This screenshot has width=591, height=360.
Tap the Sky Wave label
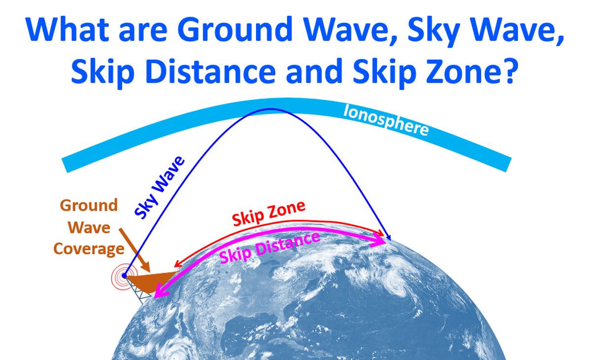coord(160,188)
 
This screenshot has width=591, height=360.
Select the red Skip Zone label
coord(268,213)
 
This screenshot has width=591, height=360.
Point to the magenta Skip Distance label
coord(270,248)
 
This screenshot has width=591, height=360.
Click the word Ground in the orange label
coord(89,205)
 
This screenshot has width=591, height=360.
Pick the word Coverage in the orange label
coord(89,249)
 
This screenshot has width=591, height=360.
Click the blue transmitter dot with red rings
coord(124,276)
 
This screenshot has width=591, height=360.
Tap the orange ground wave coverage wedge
coord(150,281)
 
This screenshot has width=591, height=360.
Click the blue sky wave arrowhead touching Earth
coord(388,237)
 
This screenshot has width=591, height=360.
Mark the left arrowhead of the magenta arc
coord(159,292)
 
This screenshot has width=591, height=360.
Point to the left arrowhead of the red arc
coord(177,264)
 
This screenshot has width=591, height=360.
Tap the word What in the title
coord(67,29)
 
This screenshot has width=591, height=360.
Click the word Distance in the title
coord(210,71)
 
